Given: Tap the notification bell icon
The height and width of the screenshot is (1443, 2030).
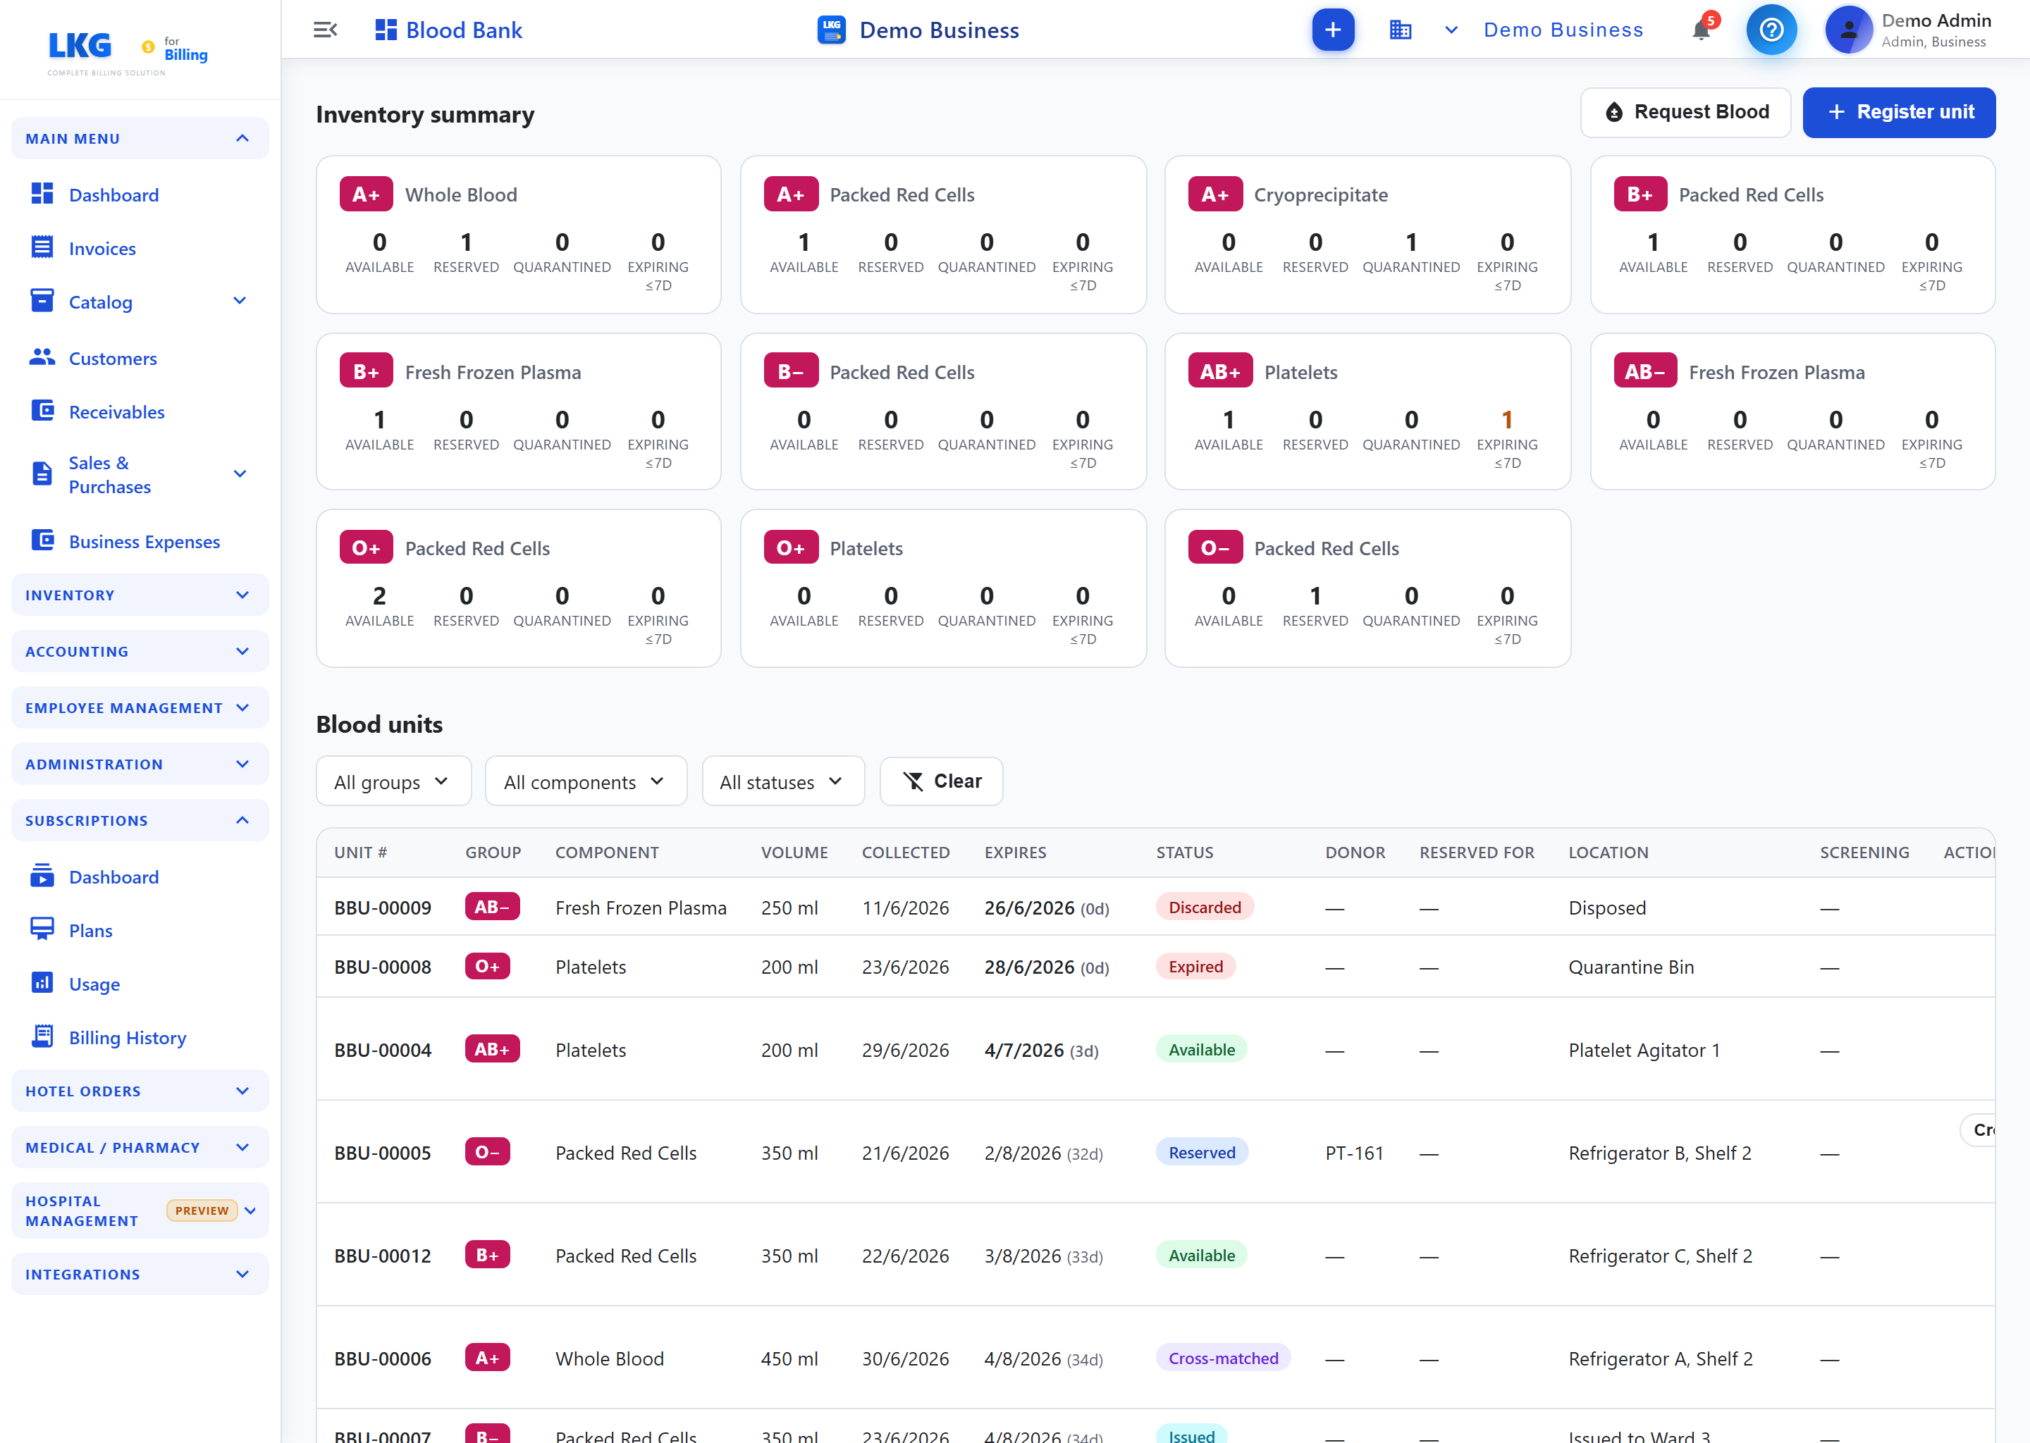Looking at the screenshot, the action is click(1701, 30).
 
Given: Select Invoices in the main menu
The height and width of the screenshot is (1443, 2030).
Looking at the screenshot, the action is click(102, 249).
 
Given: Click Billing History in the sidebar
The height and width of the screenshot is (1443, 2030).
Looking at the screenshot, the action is click(127, 1038).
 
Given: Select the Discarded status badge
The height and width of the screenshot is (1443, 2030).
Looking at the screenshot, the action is click(1205, 908).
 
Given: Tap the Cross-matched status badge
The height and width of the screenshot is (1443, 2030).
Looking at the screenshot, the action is click(1223, 1358).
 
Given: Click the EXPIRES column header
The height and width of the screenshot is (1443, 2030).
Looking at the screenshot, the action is click(1015, 852).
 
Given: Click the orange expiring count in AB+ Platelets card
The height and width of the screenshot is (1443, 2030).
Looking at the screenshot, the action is click(1506, 419).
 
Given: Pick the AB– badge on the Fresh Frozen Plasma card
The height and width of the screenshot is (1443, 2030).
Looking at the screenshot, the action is click(1645, 371).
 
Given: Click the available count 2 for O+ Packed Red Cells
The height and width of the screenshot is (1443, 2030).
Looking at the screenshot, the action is click(379, 595).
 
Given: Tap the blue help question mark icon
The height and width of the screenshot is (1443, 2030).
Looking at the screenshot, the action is click(1771, 30).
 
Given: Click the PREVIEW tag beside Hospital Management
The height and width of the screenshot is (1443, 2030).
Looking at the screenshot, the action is click(202, 1210).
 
